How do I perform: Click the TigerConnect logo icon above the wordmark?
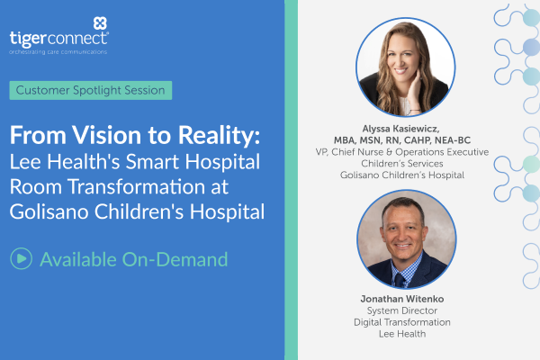(x=99, y=22)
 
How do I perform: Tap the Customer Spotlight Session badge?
(x=91, y=91)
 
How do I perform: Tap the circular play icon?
(x=21, y=259)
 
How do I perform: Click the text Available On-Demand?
(x=133, y=259)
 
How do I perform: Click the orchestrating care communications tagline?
(x=58, y=52)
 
